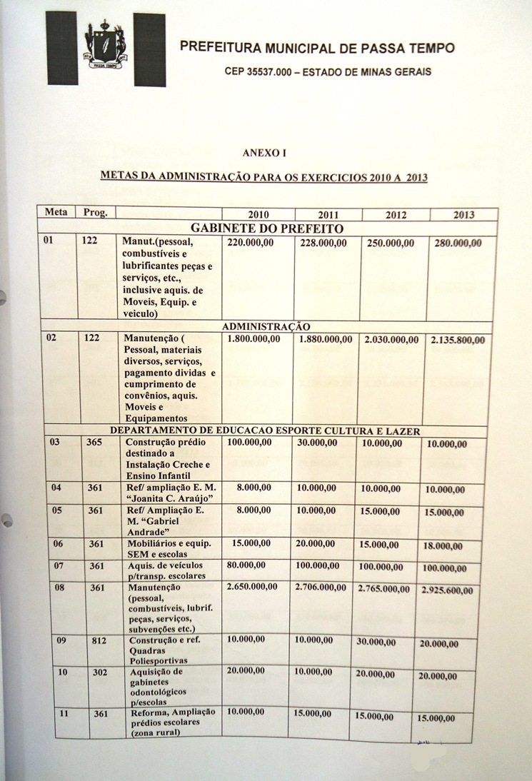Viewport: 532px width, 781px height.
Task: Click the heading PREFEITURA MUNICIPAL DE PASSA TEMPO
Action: (x=317, y=49)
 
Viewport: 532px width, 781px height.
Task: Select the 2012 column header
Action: (x=396, y=215)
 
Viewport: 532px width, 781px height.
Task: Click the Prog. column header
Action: (x=95, y=213)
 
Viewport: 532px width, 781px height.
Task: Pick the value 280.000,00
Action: (x=458, y=243)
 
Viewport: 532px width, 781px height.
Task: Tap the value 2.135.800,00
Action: (x=458, y=341)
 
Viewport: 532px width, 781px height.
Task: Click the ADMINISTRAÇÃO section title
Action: (x=266, y=326)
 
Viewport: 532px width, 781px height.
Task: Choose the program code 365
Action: (x=94, y=443)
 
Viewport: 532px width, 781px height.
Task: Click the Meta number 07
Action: (x=62, y=565)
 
